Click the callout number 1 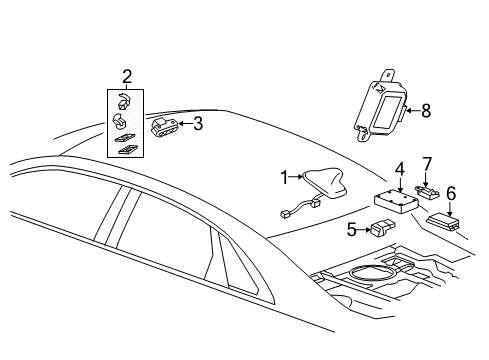coord(283,177)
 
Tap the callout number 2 coord(126,77)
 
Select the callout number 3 coord(198,124)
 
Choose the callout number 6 coord(451,192)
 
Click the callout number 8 coord(425,111)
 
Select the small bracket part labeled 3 coord(163,126)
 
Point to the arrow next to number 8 coord(410,111)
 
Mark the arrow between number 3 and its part coord(185,124)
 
